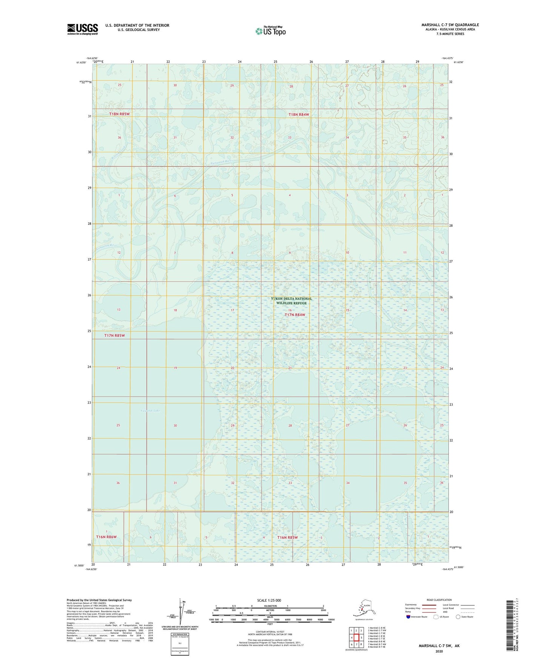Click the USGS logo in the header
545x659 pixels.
point(82,29)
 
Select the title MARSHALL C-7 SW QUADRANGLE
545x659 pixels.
point(450,25)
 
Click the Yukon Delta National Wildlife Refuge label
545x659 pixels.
point(291,301)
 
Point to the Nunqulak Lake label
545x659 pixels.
point(150,411)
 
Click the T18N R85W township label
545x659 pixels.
point(119,114)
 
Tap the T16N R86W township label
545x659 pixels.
point(106,537)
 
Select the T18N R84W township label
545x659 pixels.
point(299,114)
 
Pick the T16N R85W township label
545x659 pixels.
point(287,537)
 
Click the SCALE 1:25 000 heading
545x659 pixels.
point(269,600)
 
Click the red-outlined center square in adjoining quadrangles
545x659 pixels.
point(356,637)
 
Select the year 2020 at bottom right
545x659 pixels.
point(439,651)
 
